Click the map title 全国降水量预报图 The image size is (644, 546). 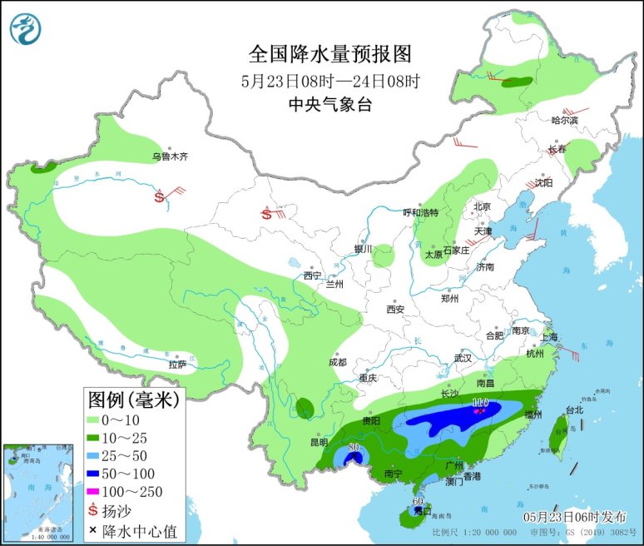(330, 54)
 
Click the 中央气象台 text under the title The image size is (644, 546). (330, 104)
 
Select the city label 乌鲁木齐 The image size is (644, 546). (170, 156)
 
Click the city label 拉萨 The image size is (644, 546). (176, 364)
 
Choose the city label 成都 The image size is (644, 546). (338, 362)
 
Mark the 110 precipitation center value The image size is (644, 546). (479, 403)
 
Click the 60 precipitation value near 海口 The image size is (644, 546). (419, 502)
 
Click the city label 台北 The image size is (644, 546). (574, 409)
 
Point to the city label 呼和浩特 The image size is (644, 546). (420, 212)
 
